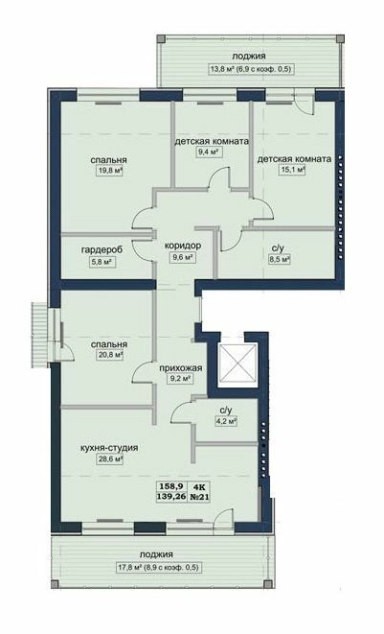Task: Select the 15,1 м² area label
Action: [293, 170]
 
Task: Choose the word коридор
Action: [182, 245]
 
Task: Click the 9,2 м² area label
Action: [180, 378]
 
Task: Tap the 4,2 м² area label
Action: [225, 420]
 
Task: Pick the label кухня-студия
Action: [109, 448]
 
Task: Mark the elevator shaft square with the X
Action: [235, 365]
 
